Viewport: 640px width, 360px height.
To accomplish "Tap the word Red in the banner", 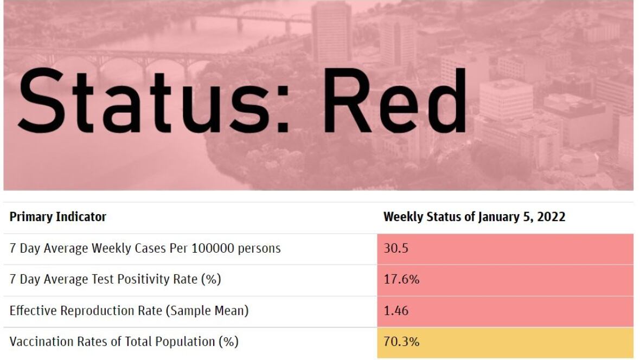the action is point(395,100).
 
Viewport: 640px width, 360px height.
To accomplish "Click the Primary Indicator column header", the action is point(58,217).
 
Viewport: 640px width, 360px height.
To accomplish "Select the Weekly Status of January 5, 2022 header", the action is point(474,217).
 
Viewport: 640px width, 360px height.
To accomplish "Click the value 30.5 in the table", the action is point(396,248).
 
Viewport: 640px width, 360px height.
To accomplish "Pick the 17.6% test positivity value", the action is point(402,279).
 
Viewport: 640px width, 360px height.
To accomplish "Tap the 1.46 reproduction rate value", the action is point(396,311).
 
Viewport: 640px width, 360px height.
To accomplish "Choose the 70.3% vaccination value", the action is point(402,342).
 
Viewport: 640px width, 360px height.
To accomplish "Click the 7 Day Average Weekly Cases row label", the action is point(145,248).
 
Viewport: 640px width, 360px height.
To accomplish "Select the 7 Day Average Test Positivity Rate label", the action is point(115,279).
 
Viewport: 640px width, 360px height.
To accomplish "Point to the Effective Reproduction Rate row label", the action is point(129,311).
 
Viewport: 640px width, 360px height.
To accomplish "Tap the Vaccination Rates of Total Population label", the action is point(124,342).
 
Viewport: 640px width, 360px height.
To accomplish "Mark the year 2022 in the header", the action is point(551,217).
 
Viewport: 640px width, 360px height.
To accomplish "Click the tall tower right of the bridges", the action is point(331,33).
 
